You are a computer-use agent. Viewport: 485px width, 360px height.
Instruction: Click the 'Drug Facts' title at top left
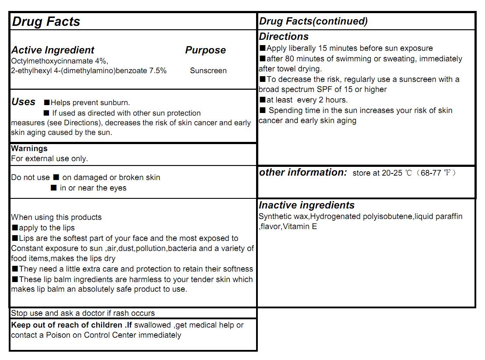click(46, 21)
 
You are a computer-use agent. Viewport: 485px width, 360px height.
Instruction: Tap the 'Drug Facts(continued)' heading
click(313, 21)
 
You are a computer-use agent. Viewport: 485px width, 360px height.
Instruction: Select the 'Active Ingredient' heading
click(53, 50)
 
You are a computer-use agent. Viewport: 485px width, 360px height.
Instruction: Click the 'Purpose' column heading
click(205, 50)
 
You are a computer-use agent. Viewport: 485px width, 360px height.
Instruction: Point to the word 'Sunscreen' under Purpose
click(208, 71)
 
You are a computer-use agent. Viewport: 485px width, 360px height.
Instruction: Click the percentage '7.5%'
click(158, 71)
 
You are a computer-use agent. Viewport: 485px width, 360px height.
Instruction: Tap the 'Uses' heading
click(23, 102)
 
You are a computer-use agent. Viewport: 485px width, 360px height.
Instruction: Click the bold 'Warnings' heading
click(29, 148)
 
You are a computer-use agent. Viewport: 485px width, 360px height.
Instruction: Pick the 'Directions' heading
click(284, 37)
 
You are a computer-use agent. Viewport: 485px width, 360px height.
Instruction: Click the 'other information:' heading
click(303, 172)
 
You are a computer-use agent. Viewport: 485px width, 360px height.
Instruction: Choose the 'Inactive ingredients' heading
click(306, 205)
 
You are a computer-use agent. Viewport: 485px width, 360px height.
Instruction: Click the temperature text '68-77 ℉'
click(435, 173)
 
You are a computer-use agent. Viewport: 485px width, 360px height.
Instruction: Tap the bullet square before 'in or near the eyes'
click(54, 188)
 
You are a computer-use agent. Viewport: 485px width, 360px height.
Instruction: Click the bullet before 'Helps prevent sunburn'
click(47, 102)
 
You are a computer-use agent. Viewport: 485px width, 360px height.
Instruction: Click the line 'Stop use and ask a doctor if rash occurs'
click(83, 313)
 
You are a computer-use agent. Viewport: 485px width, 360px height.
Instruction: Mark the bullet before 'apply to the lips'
click(15, 228)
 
